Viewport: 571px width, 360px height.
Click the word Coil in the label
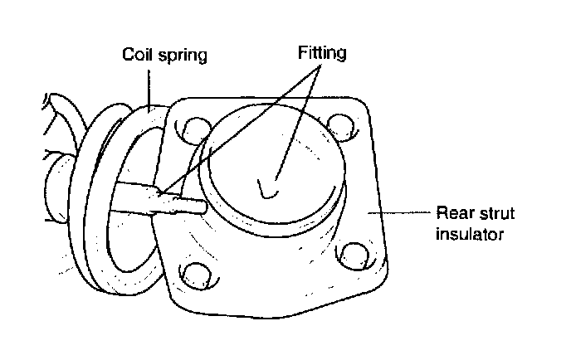137,56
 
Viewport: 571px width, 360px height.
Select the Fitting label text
322,54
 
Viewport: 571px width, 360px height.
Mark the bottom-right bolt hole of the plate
353,253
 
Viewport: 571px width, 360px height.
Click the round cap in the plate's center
274,166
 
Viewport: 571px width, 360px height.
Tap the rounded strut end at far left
58,187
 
